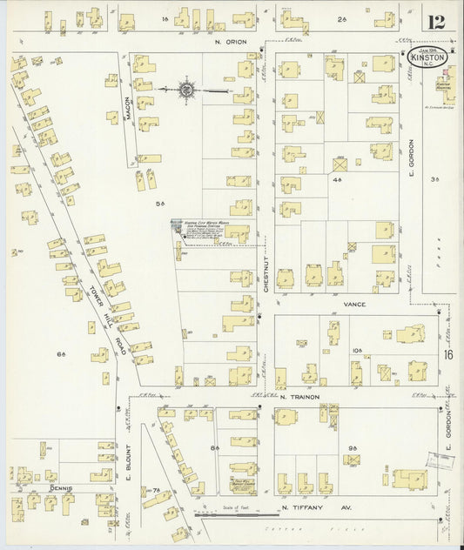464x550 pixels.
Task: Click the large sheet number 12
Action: point(436,22)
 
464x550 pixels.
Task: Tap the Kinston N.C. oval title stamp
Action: point(429,59)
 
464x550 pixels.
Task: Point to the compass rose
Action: point(186,88)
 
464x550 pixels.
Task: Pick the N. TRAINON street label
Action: point(299,397)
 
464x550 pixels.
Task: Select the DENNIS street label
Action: point(60,489)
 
